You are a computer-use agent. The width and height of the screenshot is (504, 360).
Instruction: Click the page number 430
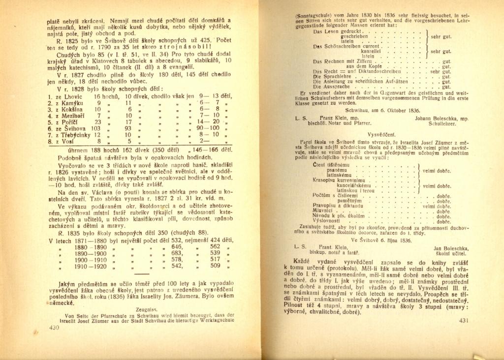pyautogui.click(x=54, y=327)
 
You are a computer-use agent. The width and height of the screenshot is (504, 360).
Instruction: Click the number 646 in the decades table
pyautogui.click(x=176, y=247)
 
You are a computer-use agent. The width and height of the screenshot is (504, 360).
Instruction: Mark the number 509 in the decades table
pyautogui.click(x=215, y=266)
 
